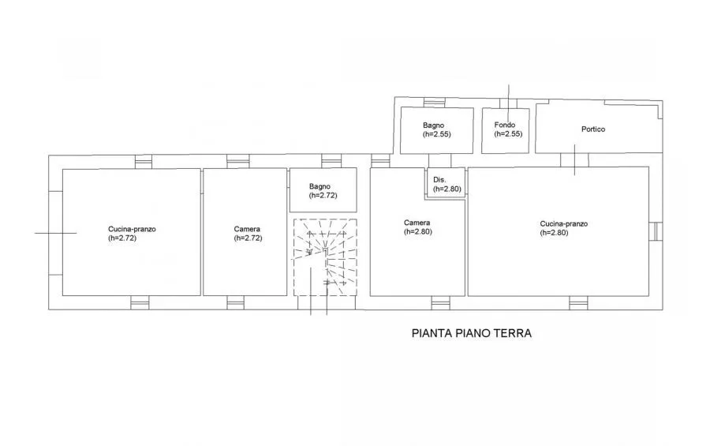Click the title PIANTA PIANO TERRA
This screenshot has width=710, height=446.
472,333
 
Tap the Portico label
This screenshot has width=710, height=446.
593,129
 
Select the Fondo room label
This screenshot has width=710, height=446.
504,125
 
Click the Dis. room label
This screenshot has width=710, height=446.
439,180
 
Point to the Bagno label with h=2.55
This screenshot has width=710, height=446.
433,125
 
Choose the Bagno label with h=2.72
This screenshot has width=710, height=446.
319,186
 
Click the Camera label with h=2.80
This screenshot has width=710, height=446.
417,223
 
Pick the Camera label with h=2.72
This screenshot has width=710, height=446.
247,229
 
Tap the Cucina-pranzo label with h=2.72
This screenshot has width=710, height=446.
132,229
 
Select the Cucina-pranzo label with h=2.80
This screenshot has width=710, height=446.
564,223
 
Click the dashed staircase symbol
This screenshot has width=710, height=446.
325,257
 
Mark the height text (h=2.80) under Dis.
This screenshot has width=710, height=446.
447,189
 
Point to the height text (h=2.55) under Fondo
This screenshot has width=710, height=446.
508,133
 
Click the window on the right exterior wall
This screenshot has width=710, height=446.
656,231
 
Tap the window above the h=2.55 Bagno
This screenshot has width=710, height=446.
434,103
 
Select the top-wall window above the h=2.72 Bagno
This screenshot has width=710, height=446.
331,161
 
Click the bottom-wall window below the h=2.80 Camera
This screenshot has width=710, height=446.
440,303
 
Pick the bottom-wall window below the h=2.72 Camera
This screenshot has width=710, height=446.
236,303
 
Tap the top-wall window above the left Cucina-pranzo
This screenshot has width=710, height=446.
144,162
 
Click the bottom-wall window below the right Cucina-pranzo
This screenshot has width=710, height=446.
578,303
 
